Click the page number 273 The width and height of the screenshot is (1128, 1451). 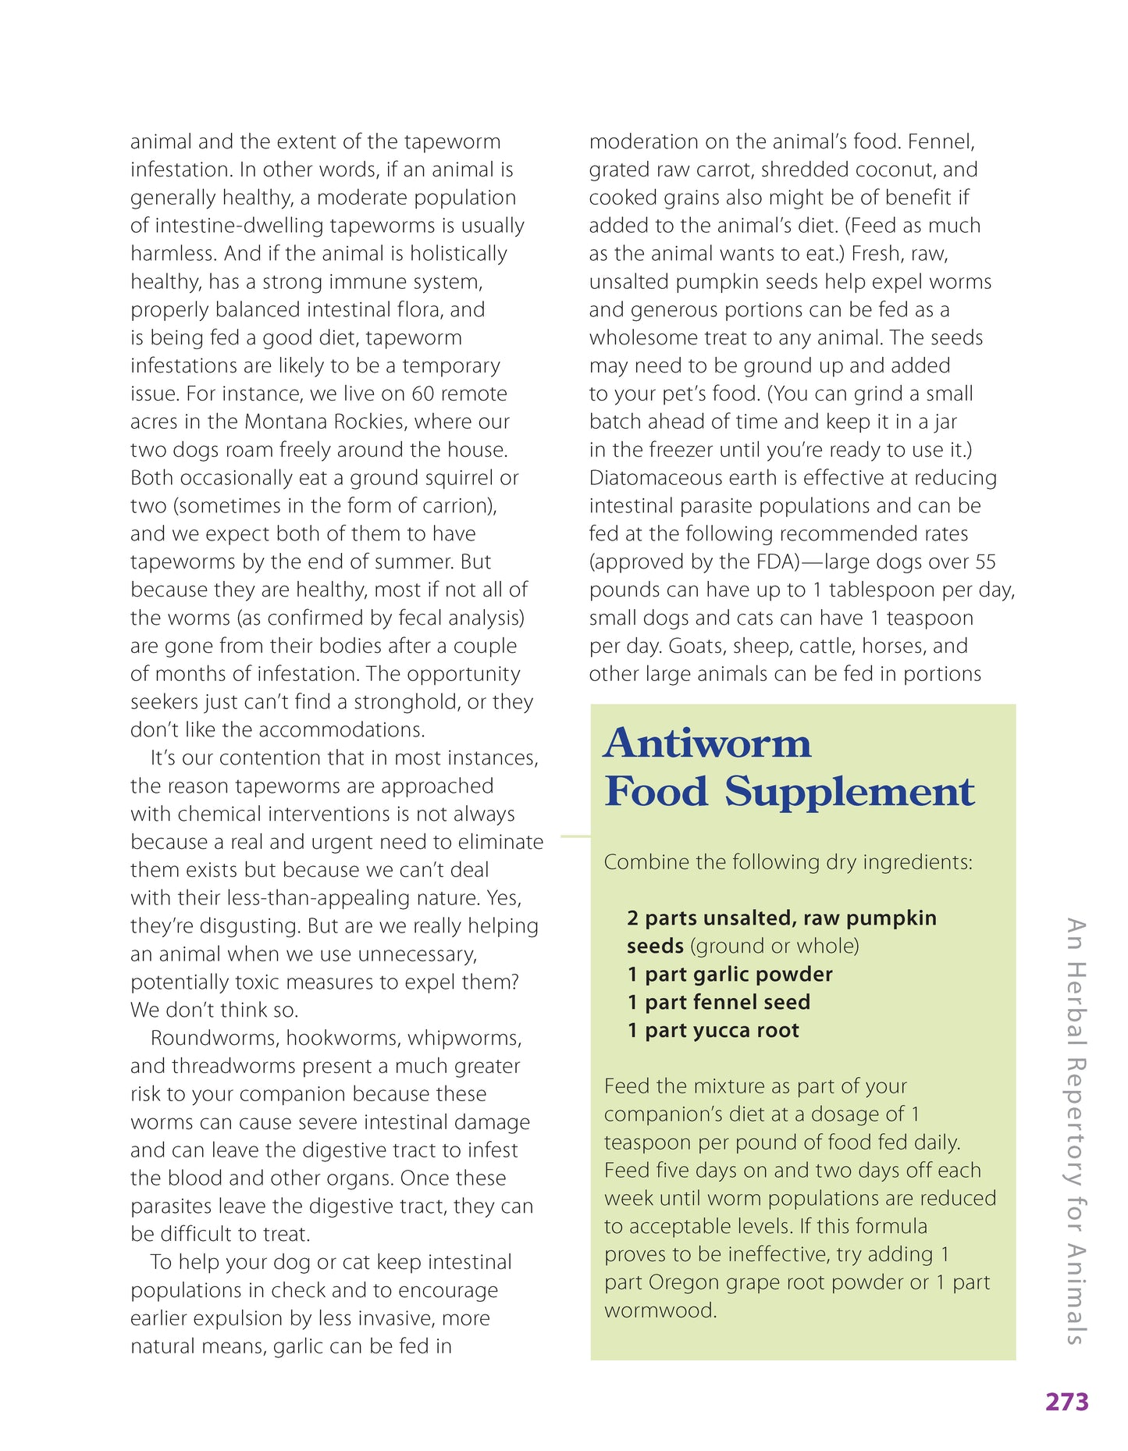(x=1066, y=1402)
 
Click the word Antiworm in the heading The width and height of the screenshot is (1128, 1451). (x=707, y=743)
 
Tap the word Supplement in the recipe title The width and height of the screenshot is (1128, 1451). (x=849, y=792)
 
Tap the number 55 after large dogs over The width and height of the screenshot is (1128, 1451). (x=985, y=562)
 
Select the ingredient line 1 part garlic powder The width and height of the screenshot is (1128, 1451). (x=730, y=974)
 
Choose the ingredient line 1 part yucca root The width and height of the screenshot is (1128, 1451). (x=713, y=1030)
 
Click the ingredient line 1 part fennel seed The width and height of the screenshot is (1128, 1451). (x=718, y=1002)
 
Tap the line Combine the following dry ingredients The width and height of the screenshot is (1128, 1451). (x=788, y=862)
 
